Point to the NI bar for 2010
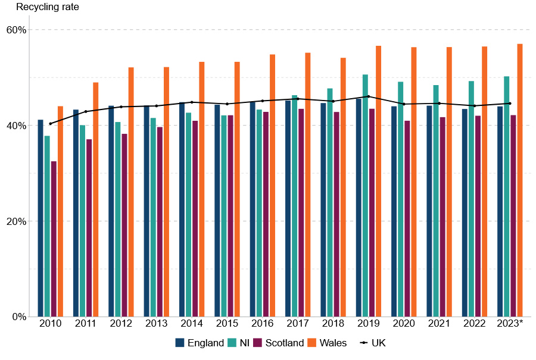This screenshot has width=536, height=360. click(47, 226)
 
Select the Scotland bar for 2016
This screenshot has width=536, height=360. click(266, 214)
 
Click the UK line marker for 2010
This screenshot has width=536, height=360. click(50, 124)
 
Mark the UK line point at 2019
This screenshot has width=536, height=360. click(369, 96)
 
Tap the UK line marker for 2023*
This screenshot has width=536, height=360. click(510, 104)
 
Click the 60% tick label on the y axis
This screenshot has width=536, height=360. click(17, 30)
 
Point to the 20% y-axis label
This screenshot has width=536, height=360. click(17, 221)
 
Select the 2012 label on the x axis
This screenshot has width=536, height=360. click(121, 323)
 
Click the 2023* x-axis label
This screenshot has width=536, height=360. click(510, 323)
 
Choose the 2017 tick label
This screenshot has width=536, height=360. click(298, 323)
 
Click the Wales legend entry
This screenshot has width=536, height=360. click(332, 343)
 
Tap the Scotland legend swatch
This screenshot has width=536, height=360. click(258, 343)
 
